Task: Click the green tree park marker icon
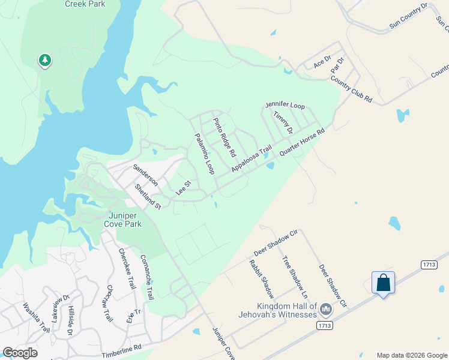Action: tap(44, 61)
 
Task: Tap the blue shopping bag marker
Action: tap(383, 282)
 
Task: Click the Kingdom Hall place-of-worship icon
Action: tap(326, 310)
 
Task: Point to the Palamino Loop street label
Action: tap(204, 154)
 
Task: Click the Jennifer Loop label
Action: tap(285, 105)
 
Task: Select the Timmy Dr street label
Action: tap(282, 122)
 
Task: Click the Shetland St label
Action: tap(148, 196)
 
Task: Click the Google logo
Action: tap(20, 353)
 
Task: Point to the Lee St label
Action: tap(183, 187)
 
